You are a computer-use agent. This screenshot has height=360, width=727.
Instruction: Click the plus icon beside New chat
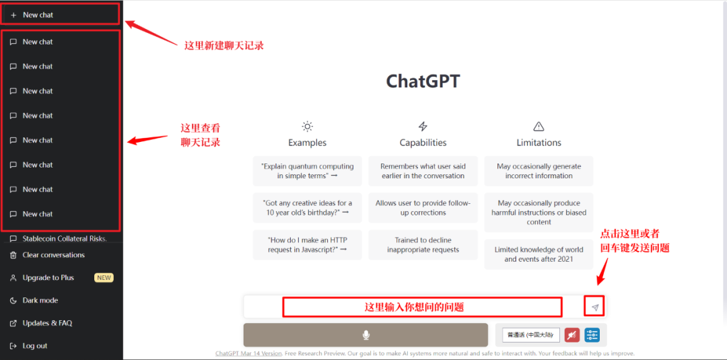click(x=13, y=15)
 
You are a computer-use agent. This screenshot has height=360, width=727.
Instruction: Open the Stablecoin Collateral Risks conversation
click(x=65, y=239)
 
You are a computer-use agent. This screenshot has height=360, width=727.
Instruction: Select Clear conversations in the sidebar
click(x=53, y=255)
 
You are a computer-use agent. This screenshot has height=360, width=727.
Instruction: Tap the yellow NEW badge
click(x=104, y=277)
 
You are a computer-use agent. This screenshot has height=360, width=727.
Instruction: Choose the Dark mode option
click(x=40, y=300)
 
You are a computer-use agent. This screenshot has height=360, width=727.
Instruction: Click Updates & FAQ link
click(x=47, y=323)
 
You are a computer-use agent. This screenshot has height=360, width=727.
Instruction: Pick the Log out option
click(x=35, y=346)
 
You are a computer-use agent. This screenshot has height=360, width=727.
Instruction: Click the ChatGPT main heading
click(x=423, y=81)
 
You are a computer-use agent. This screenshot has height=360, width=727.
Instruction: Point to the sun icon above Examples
click(x=308, y=126)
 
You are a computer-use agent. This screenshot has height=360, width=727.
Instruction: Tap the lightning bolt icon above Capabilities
click(x=423, y=126)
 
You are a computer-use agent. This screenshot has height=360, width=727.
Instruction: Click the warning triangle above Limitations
click(x=539, y=126)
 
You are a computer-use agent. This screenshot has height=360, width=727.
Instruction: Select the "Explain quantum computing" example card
click(x=308, y=171)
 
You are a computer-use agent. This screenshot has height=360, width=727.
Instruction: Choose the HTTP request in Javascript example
click(x=308, y=245)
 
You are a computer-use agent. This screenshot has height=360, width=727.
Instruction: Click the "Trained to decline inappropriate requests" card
click(x=423, y=245)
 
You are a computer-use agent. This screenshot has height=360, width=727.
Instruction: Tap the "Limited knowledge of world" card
click(x=539, y=254)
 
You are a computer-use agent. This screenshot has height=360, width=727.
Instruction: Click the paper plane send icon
click(x=595, y=308)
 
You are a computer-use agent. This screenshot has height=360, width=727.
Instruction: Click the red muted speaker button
click(x=572, y=334)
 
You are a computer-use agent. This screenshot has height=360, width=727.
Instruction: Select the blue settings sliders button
click(x=592, y=334)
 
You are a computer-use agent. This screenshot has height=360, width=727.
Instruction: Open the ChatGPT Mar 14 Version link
click(x=248, y=353)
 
